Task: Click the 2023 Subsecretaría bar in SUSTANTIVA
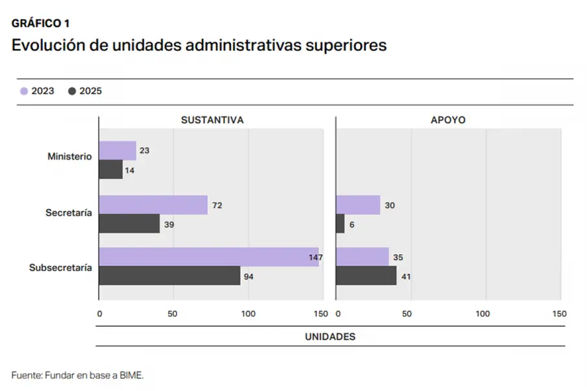(x=209, y=257)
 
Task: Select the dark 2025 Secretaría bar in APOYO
(x=340, y=224)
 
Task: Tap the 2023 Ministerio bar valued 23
(x=117, y=151)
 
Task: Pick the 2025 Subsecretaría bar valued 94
(x=170, y=276)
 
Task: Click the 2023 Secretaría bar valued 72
(x=153, y=205)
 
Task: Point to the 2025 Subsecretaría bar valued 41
(x=366, y=276)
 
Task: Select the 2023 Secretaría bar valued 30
(x=358, y=205)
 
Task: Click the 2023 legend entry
(x=37, y=91)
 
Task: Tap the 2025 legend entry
(x=85, y=91)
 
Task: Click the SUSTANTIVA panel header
(x=212, y=121)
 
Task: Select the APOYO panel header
(x=448, y=121)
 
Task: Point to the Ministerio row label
(x=69, y=156)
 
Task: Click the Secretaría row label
(x=68, y=212)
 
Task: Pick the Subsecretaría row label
(x=61, y=268)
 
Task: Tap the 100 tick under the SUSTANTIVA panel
(x=248, y=313)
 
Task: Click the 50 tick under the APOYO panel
(x=407, y=313)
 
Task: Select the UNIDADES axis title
(x=330, y=336)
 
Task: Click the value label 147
(x=316, y=257)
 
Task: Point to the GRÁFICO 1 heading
(x=40, y=23)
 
